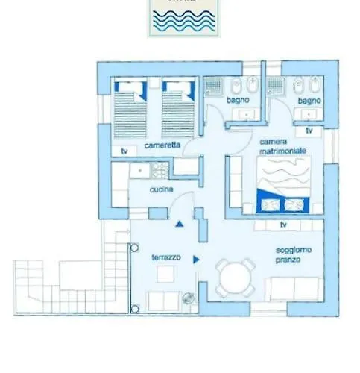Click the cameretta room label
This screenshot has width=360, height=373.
point(162,145)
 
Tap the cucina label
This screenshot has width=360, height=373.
point(162,190)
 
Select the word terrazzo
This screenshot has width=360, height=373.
point(165,256)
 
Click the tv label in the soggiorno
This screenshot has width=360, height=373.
point(283,224)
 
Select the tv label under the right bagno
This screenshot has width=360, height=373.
point(309,130)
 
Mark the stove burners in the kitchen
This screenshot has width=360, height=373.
point(160,171)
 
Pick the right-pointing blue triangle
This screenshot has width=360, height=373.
point(196,260)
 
